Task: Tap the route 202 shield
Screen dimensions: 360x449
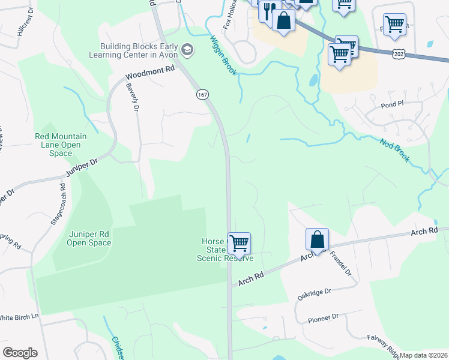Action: [399, 53]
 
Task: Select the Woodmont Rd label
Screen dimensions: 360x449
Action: [149, 73]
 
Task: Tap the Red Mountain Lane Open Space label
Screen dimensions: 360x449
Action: [61, 145]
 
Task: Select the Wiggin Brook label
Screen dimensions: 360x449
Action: [223, 55]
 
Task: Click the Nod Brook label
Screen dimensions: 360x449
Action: [394, 150]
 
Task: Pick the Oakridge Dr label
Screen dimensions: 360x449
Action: [314, 294]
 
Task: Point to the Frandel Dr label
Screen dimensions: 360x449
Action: [341, 263]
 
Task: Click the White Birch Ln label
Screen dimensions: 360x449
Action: [19, 317]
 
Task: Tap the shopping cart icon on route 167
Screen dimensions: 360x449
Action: [239, 244]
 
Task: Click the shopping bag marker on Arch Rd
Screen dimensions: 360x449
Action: [316, 239]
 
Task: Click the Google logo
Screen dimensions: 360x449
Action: [20, 353]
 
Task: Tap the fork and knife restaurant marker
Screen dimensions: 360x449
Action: [267, 10]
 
